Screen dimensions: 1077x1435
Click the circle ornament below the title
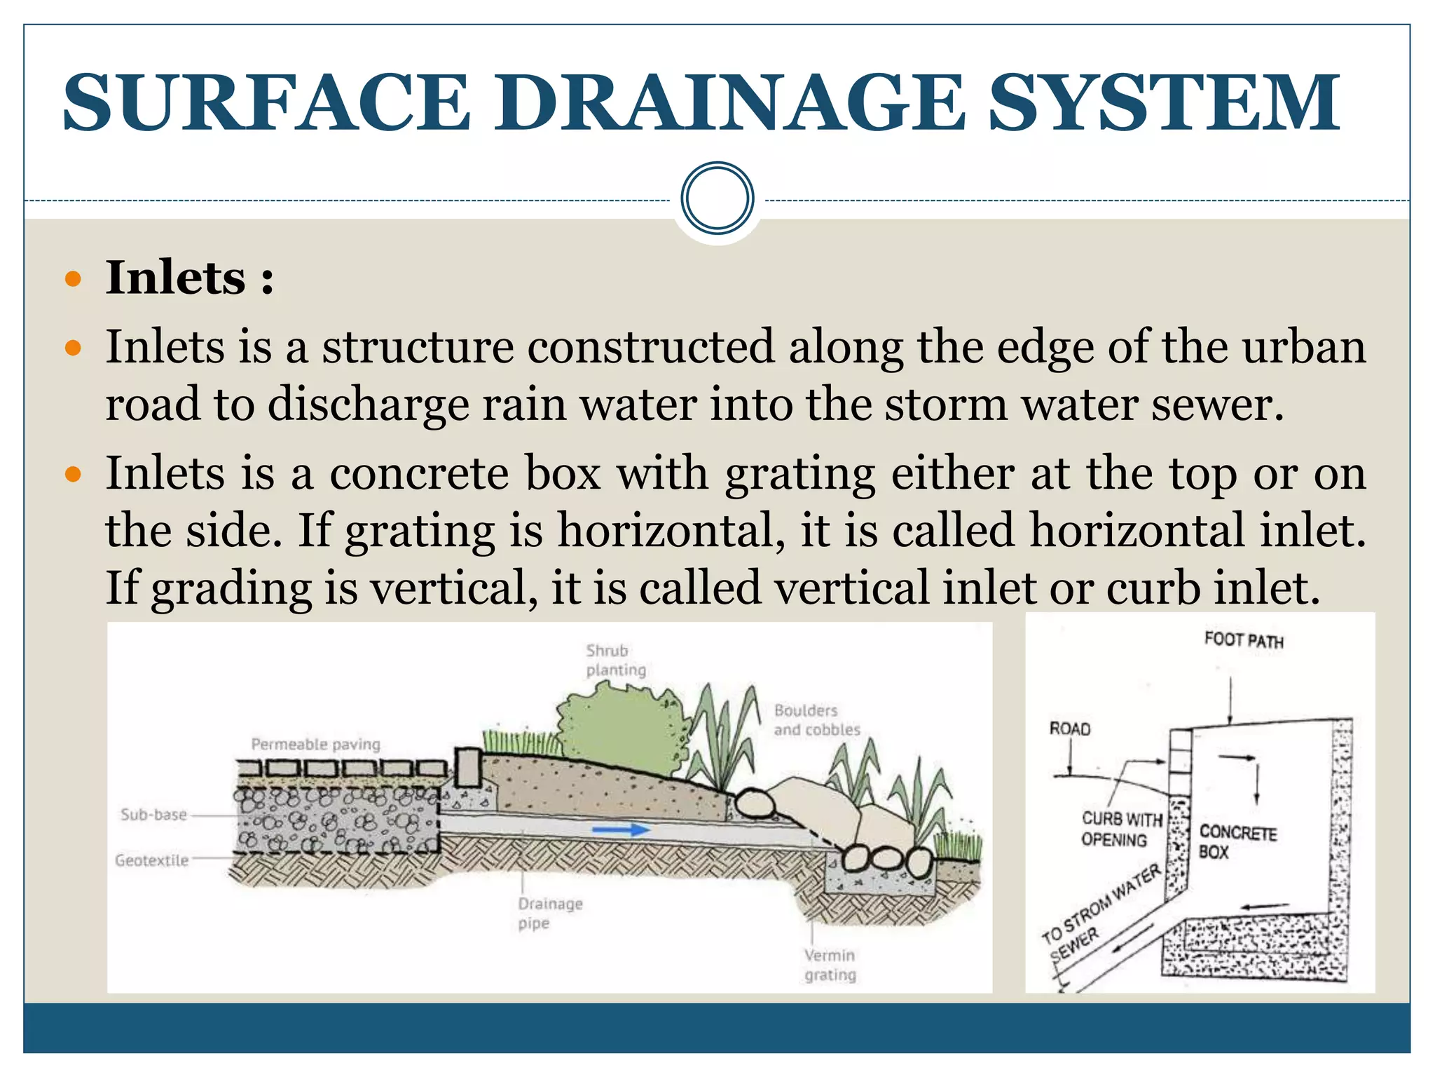point(717,198)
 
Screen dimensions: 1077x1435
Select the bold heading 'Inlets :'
point(189,278)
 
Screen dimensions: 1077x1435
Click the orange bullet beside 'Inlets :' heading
point(73,280)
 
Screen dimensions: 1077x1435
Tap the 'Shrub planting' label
point(614,660)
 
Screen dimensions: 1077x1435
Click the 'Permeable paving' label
point(315,744)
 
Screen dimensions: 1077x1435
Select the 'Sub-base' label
point(153,815)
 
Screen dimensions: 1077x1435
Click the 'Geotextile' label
point(151,860)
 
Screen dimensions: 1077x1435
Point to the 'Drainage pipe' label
point(549,913)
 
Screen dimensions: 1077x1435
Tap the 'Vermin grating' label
point(830,965)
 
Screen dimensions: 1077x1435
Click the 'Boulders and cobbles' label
point(816,720)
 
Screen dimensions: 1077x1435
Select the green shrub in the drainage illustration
point(620,729)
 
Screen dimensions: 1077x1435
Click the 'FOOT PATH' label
point(1243,639)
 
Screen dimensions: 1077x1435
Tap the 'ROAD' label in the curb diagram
point(1069,729)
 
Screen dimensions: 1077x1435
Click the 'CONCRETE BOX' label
point(1237,841)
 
